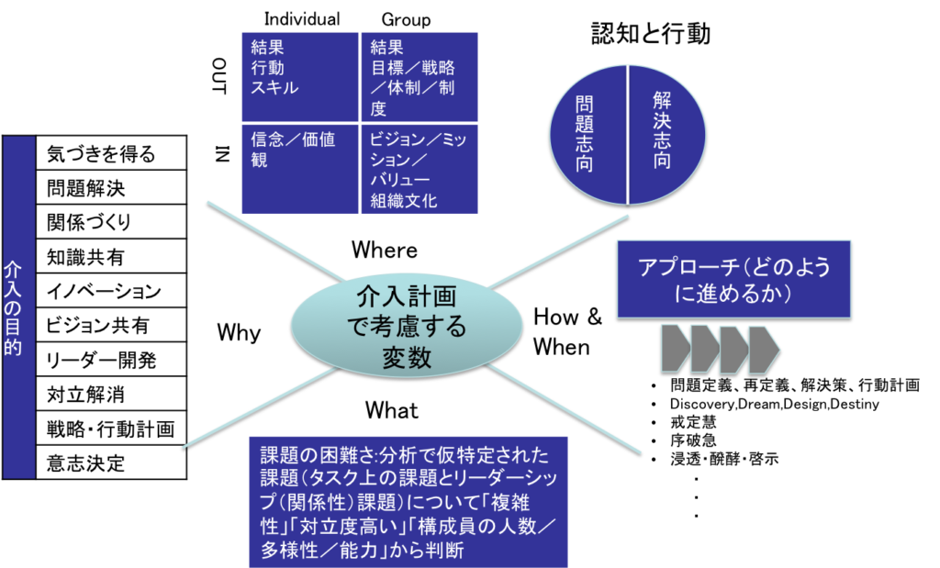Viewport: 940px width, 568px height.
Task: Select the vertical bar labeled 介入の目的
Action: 18,307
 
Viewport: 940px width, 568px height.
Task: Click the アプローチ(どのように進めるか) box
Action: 733,279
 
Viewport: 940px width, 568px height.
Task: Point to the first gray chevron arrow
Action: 675,350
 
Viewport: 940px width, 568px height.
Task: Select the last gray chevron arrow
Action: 763,350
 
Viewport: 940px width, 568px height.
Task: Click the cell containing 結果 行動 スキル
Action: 298,76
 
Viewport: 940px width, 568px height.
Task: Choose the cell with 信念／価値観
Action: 298,169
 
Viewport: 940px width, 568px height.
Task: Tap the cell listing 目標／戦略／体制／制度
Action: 420,76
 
